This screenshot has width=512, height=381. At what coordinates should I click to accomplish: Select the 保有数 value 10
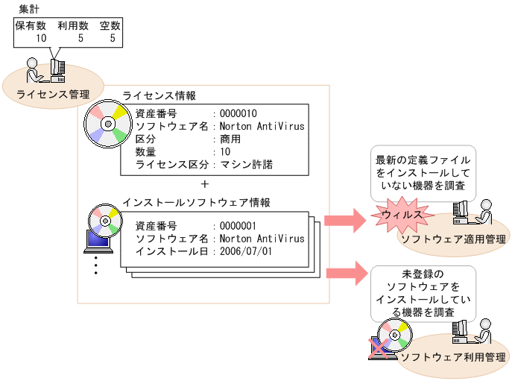click(x=41, y=37)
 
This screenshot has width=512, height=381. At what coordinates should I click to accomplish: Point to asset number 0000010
click(x=238, y=113)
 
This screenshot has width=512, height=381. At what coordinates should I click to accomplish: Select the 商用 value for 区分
click(x=230, y=139)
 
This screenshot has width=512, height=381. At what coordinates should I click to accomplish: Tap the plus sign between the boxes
click(x=206, y=183)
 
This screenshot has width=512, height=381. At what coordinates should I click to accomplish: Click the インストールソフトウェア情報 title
click(x=195, y=203)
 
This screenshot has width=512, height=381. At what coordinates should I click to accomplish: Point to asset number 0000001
click(x=238, y=226)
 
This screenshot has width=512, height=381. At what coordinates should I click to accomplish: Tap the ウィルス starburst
click(x=402, y=215)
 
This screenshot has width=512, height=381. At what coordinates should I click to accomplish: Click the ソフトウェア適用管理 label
click(x=452, y=239)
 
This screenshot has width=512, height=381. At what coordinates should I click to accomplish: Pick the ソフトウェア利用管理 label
click(x=452, y=357)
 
